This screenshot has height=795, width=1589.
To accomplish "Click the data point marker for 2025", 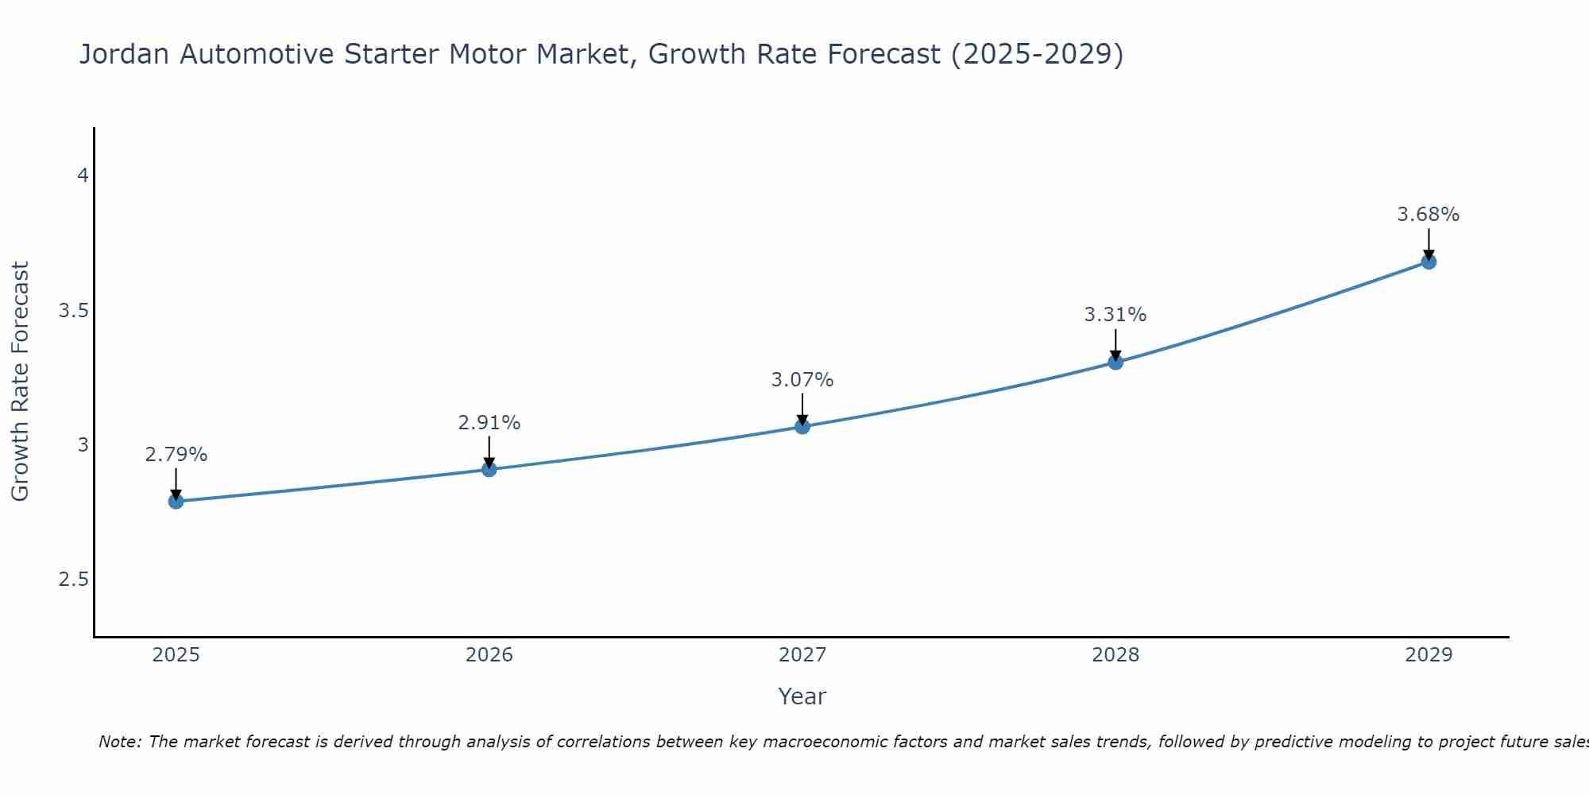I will (176, 501).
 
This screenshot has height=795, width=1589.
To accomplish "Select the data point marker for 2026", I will (489, 469).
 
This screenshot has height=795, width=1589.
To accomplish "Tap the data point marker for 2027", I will (802, 426).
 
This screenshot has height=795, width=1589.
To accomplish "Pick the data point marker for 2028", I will (1115, 362).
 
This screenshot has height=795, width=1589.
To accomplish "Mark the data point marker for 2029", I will (1429, 262).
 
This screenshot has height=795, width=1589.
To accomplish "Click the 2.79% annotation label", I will (176, 455).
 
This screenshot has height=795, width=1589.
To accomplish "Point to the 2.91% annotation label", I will (489, 423).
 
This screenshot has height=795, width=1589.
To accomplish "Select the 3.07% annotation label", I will (802, 380).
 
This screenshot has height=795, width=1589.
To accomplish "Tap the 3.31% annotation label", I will (1115, 315).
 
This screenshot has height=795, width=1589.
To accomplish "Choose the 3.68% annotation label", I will (1429, 215).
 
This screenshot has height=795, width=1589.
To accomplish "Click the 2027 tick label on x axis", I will (802, 655).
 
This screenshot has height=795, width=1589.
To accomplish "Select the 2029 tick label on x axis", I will (1429, 655).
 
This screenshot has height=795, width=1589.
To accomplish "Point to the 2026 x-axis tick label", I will (489, 655).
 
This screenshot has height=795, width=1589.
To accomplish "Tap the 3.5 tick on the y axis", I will (73, 310).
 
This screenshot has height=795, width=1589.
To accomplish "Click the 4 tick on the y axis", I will (83, 176).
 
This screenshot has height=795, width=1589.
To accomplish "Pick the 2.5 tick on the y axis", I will (73, 580).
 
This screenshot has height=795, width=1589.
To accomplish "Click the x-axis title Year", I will (802, 696).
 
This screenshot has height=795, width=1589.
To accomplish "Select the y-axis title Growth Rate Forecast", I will (21, 382).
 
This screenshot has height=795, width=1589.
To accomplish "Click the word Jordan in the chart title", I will (123, 55).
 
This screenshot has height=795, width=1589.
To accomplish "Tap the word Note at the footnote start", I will (119, 742).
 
